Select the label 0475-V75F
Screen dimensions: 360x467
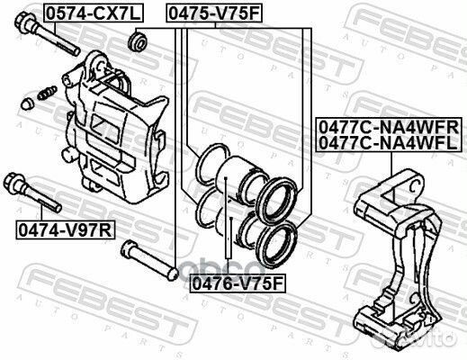pyautogui.click(x=212, y=13)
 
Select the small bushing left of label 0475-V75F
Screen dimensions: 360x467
pyautogui.click(x=138, y=40)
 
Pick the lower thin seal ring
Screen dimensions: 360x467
pyautogui.click(x=204, y=209)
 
